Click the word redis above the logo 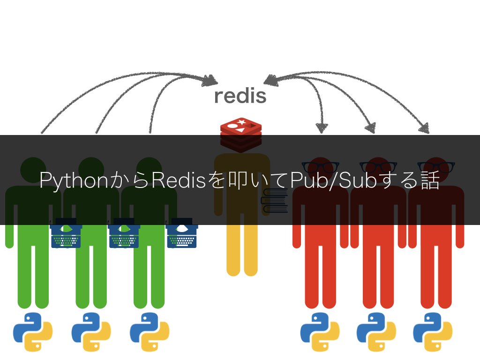coord(240,96)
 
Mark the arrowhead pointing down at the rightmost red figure coord(424,127)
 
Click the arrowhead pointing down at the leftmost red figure coord(322,127)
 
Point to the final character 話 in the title coord(430,181)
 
